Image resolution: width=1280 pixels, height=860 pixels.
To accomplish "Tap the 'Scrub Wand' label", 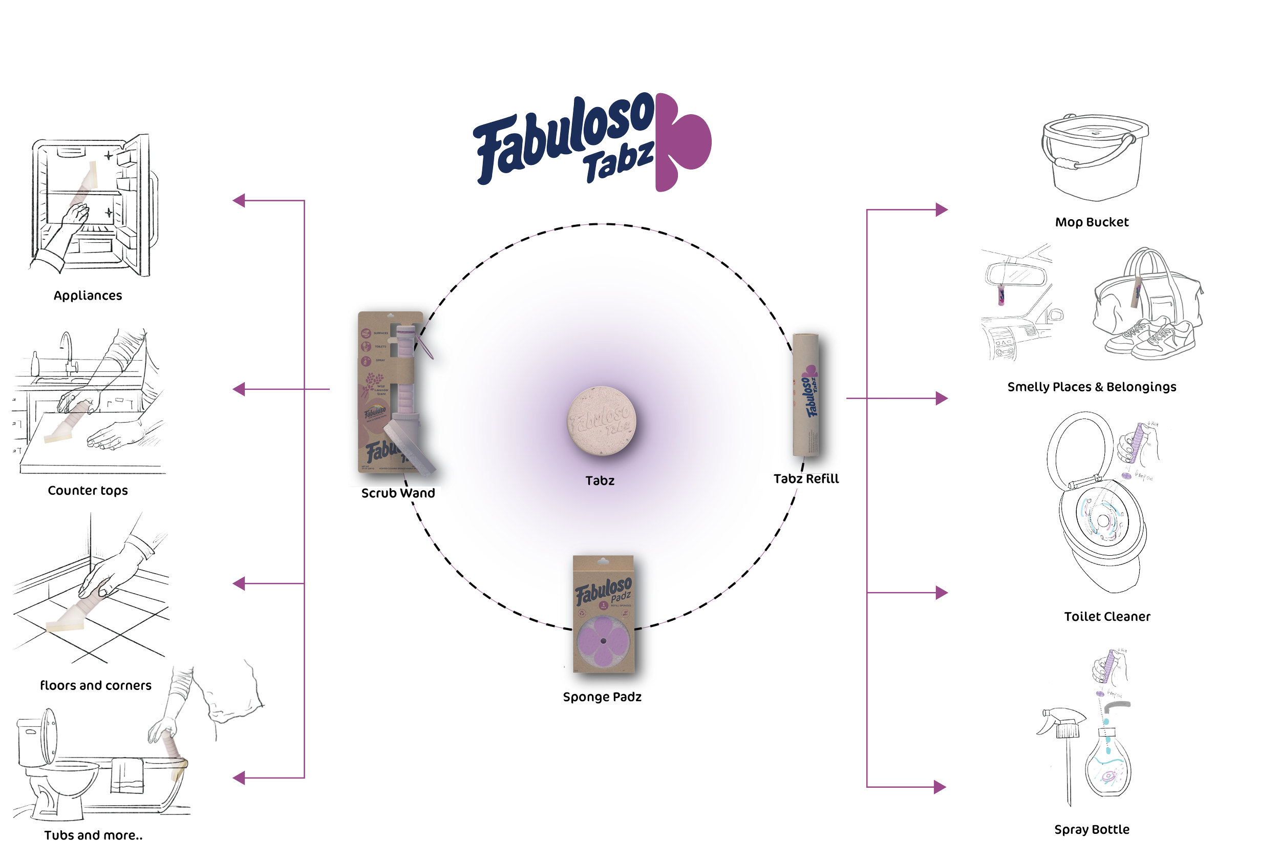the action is tap(398, 493).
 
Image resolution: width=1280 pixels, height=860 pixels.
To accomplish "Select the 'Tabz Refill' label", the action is tap(806, 479).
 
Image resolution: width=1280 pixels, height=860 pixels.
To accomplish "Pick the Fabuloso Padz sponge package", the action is tap(603, 614).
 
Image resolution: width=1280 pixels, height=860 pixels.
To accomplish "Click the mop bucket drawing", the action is tap(1095, 156).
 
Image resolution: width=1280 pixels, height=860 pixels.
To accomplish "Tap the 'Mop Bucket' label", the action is tap(1092, 222).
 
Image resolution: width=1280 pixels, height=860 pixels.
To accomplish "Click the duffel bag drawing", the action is tap(1146, 296).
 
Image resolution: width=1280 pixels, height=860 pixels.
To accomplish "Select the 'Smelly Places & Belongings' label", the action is tap(1092, 387).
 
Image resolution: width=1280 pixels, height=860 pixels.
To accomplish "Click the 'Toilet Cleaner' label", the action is tap(1107, 617).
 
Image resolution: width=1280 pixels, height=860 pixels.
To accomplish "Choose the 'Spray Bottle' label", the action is tap(1092, 830).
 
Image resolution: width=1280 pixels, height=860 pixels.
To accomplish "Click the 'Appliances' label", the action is tap(88, 296).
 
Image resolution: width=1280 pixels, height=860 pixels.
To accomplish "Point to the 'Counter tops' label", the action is tap(88, 490).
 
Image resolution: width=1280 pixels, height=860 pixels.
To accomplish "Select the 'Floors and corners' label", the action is tap(96, 685).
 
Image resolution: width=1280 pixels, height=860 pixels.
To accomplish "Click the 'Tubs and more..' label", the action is tap(93, 835).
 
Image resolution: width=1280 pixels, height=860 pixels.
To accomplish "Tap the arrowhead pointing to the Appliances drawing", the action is tap(239, 201).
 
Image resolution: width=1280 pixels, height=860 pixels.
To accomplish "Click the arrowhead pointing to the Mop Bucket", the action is tap(941, 209).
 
